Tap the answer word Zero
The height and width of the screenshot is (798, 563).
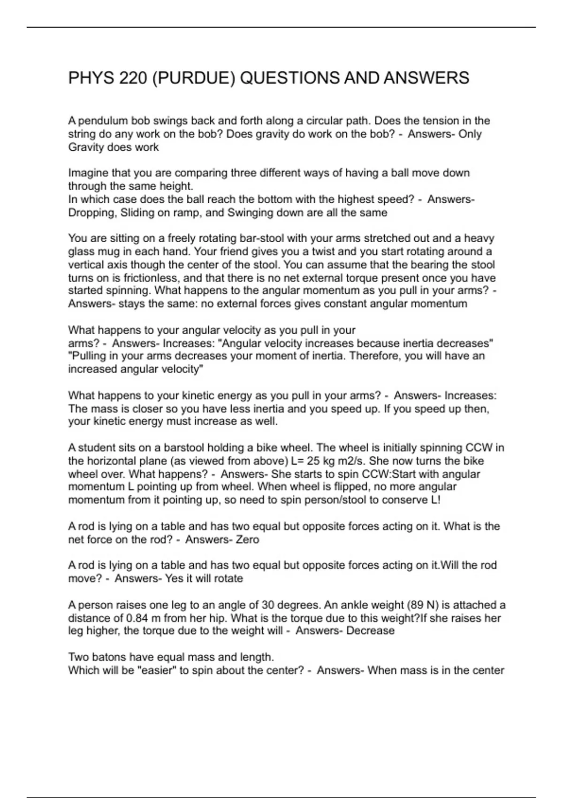pyautogui.click(x=247, y=539)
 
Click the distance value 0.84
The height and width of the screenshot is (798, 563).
pyautogui.click(x=137, y=618)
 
